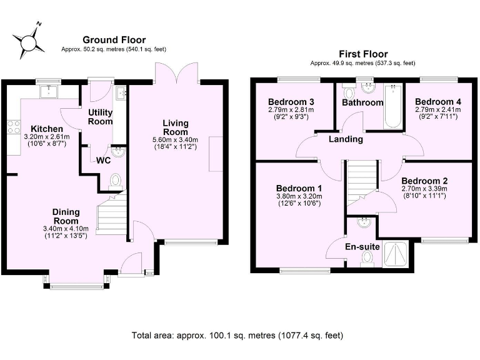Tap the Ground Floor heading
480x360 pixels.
114,40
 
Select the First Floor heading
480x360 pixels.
363,54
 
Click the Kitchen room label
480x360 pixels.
47,129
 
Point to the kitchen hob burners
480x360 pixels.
14,127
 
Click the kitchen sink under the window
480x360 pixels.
49,91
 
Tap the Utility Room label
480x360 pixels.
100,117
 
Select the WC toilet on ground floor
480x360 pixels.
116,181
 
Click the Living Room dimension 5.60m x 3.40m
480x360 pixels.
176,140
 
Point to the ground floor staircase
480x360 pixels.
112,212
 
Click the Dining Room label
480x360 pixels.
66,216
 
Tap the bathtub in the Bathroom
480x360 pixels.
393,106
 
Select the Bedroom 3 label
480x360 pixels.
291,102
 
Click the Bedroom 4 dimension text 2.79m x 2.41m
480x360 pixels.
437,109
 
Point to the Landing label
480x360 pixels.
346,139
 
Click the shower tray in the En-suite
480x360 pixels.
396,254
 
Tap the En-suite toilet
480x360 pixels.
367,258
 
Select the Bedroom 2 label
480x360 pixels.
424,181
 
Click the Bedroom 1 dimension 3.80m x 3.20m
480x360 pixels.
299,196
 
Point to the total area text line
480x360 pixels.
237,336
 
